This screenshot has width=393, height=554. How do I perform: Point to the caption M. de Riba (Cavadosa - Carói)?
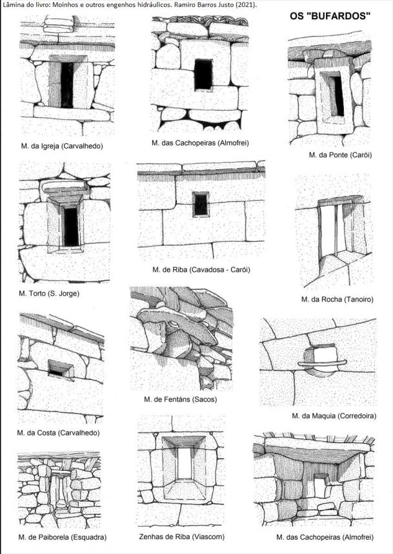click(201, 269)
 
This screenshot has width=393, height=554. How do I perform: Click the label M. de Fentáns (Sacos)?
click(181, 399)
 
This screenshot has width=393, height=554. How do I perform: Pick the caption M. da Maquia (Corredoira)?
click(334, 415)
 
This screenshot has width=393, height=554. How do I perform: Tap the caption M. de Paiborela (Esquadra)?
click(63, 537)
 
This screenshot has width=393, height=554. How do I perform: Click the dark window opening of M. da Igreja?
click(66, 84)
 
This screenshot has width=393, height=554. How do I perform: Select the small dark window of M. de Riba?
click(201, 204)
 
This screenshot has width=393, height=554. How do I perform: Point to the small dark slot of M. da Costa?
click(58, 370)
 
